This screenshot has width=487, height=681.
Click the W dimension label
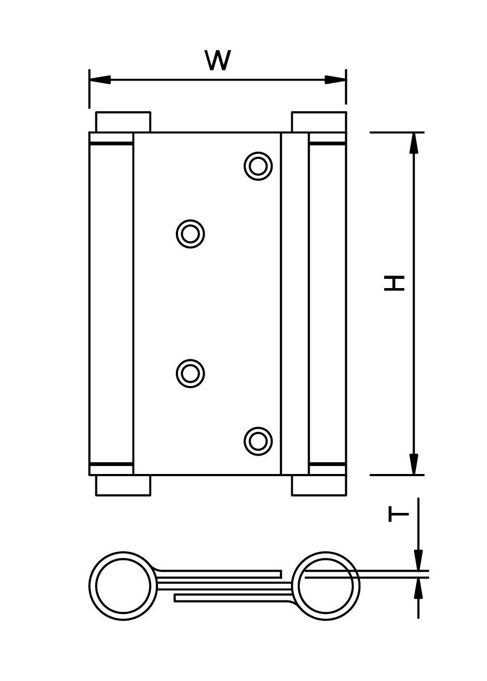click(218, 61)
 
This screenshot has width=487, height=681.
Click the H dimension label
click(395, 283)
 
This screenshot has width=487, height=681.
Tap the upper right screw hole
click(258, 166)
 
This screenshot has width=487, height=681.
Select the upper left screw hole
click(190, 234)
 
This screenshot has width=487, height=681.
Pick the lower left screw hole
click(190, 373)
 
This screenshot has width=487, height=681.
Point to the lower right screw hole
click(258, 441)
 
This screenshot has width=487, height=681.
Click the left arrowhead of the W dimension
click(100, 80)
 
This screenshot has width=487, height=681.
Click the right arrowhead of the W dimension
click(335, 80)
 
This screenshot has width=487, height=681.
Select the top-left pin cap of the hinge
click(123, 122)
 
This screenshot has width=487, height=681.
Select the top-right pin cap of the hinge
click(319, 122)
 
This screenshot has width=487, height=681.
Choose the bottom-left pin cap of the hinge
click(123, 485)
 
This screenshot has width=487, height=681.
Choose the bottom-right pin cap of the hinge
click(319, 485)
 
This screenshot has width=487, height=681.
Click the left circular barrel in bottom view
click(123, 586)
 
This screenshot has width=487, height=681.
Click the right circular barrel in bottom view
click(326, 586)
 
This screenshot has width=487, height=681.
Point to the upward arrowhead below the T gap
click(418, 589)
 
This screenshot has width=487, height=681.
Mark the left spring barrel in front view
click(111, 304)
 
